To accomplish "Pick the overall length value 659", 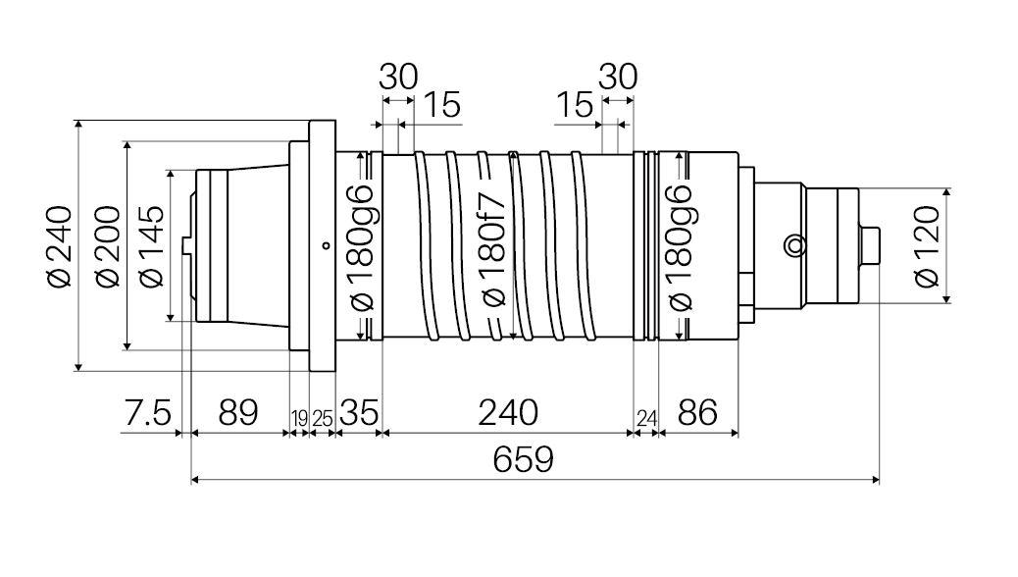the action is (523, 458).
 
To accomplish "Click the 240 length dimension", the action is (508, 412).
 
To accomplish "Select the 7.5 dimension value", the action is (147, 412).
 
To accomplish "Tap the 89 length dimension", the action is (238, 412).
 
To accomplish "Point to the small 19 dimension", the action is (299, 418).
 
